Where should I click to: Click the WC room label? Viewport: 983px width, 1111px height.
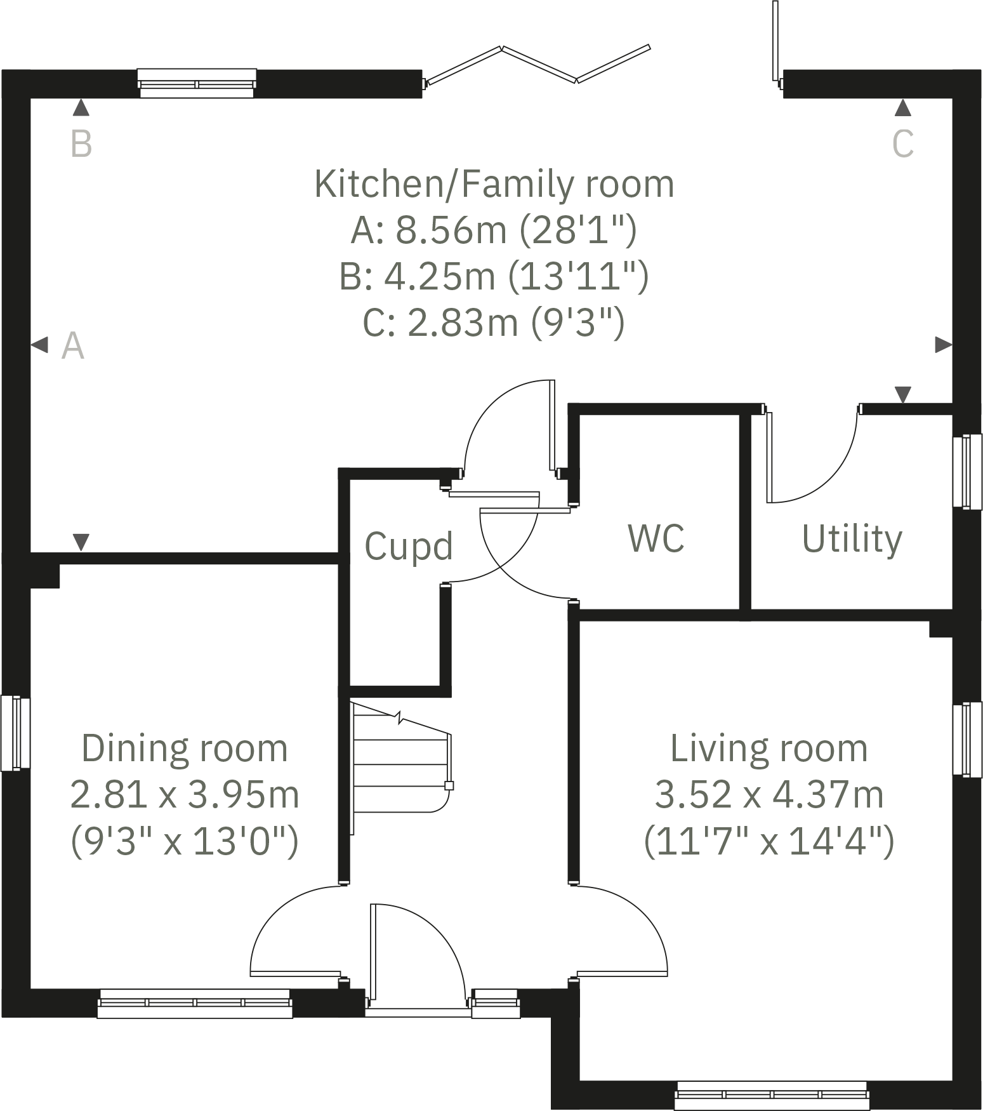656,538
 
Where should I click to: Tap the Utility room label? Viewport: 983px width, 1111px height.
852,540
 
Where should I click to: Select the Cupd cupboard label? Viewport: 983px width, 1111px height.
409,546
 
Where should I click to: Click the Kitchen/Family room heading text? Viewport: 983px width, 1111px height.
494,184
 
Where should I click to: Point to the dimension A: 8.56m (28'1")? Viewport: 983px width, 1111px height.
494,230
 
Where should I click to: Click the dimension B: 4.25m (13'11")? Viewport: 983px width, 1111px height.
494,276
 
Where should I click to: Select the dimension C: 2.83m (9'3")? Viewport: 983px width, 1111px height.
494,323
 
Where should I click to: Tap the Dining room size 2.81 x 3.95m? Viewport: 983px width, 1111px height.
184,795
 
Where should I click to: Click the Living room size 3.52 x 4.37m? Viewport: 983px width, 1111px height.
769,795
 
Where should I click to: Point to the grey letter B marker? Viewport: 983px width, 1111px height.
81,143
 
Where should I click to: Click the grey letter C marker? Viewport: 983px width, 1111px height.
902,143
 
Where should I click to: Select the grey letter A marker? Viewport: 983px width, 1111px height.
73,346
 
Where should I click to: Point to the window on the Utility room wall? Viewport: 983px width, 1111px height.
967,471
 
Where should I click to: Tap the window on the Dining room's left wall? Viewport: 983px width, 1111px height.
15,733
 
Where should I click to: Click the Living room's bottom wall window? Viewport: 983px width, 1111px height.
771,1095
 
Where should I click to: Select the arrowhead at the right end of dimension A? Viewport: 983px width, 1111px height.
944,345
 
